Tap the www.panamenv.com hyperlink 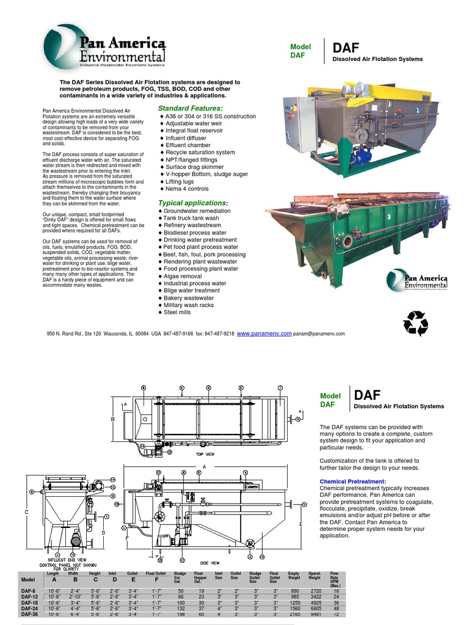click(x=264, y=334)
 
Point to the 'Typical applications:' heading click(x=193, y=203)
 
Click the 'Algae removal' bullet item click(x=183, y=276)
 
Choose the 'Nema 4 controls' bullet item click(x=190, y=189)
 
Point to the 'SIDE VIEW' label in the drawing click(x=210, y=563)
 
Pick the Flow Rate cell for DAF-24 click(x=334, y=608)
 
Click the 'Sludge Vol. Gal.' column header click(x=180, y=577)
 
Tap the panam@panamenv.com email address click(x=319, y=334)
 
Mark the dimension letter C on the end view click(x=27, y=512)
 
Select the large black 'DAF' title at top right click(x=346, y=48)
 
